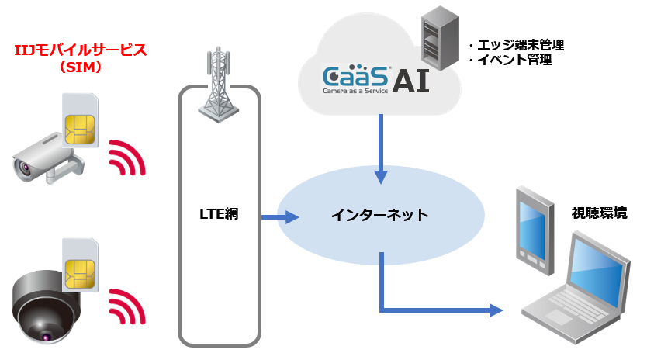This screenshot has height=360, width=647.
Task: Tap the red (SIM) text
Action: (x=81, y=67)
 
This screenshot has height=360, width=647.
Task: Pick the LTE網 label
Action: (x=218, y=215)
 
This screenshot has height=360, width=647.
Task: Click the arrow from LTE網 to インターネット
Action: (x=272, y=217)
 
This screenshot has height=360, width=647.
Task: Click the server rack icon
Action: (x=437, y=39)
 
